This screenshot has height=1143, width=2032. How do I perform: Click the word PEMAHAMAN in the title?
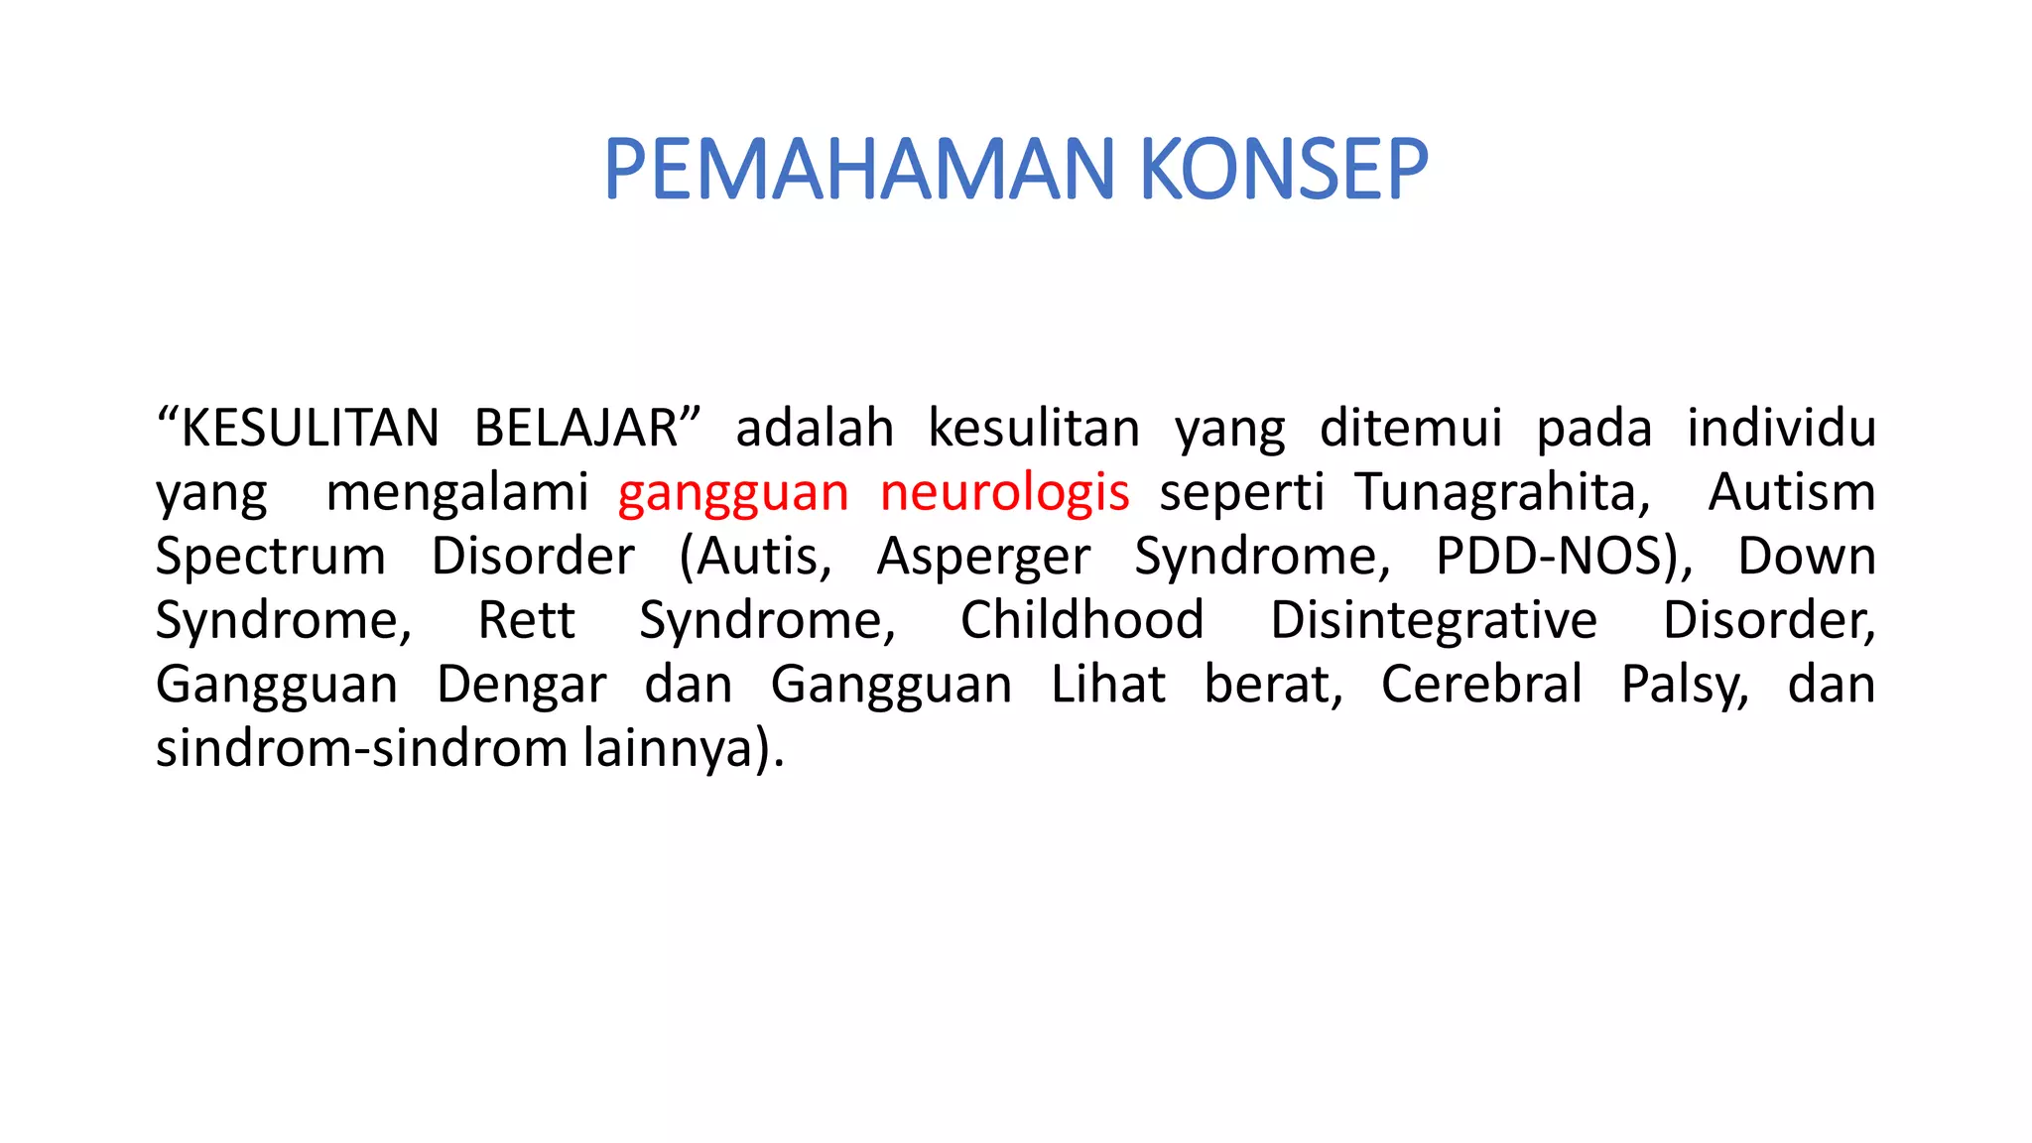pyautogui.click(x=859, y=170)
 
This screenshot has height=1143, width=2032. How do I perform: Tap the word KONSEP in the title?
pyautogui.click(x=1284, y=170)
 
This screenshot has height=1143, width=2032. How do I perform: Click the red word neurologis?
pyautogui.click(x=1004, y=493)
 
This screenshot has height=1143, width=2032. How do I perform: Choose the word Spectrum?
pyautogui.click(x=270, y=557)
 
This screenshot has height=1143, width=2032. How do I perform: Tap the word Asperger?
pyautogui.click(x=983, y=557)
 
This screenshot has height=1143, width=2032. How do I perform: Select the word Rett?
pyautogui.click(x=526, y=621)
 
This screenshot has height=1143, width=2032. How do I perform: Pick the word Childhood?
pyautogui.click(x=1081, y=621)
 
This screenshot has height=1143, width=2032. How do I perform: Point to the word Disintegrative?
pyautogui.click(x=1434, y=621)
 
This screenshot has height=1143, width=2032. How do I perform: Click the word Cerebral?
pyautogui.click(x=1481, y=685)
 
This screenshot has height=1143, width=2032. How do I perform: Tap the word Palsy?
pyautogui.click(x=1684, y=685)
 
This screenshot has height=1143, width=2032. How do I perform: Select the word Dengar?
pyautogui.click(x=522, y=685)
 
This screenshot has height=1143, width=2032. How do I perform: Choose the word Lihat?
pyautogui.click(x=1108, y=685)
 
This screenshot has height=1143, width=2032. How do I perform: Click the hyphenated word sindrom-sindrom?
pyautogui.click(x=361, y=748)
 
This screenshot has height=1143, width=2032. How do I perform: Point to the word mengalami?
pyautogui.click(x=457, y=493)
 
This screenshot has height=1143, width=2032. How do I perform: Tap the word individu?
pyautogui.click(x=1781, y=429)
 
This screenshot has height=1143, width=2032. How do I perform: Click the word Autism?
pyautogui.click(x=1791, y=493)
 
